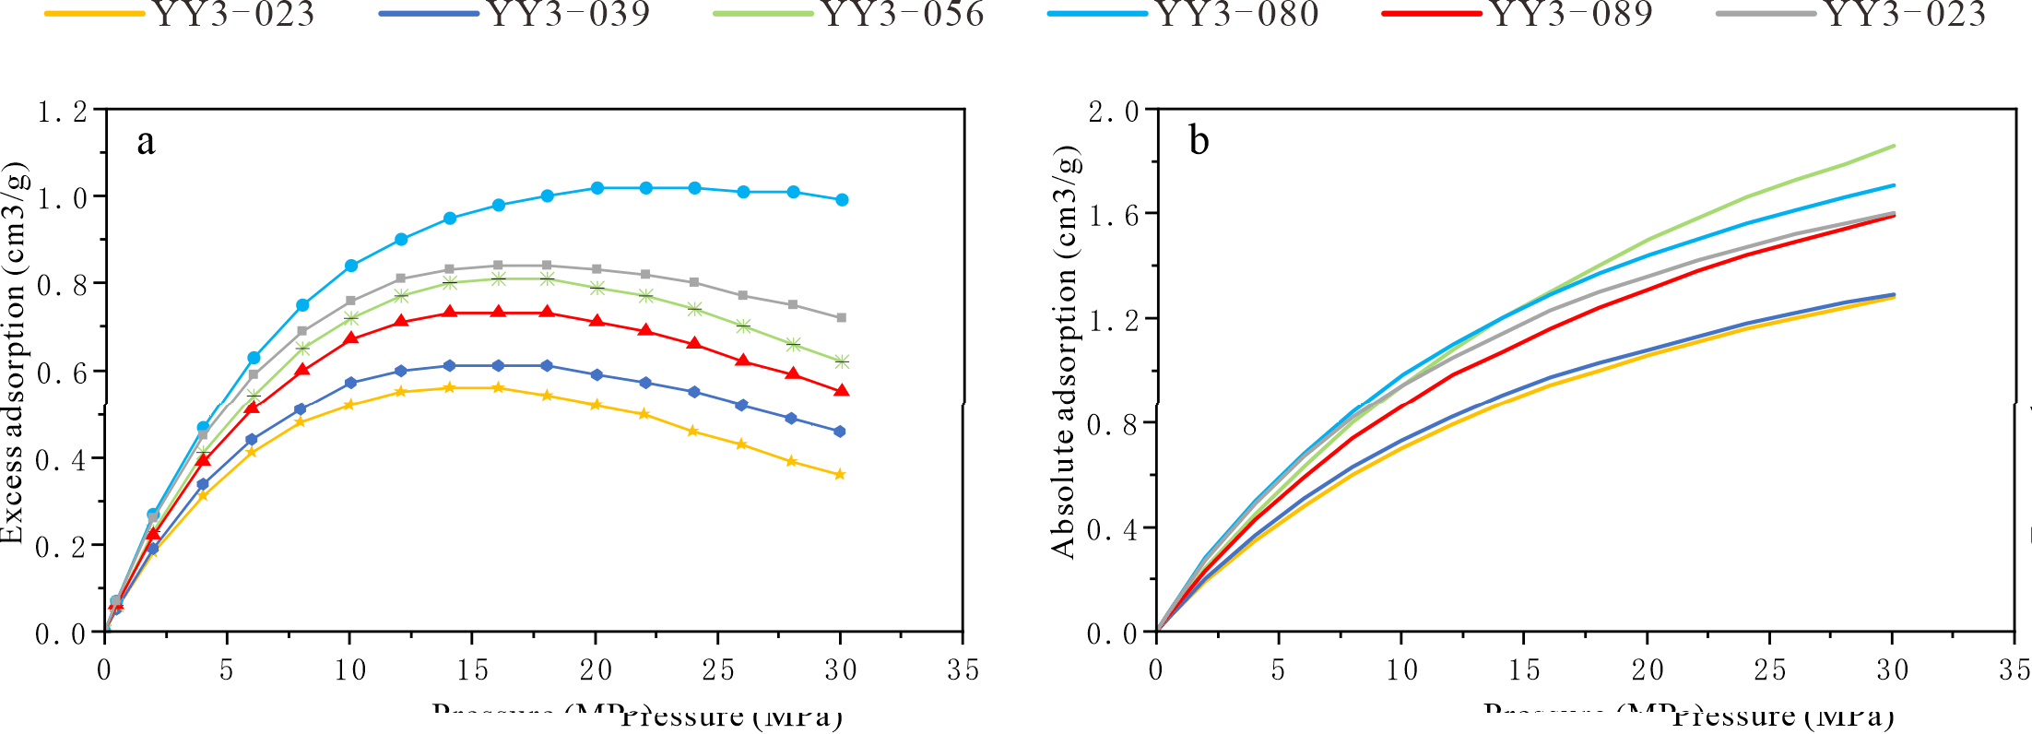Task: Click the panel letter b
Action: pyautogui.click(x=1199, y=141)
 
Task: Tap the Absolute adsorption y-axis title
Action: pyautogui.click(x=1064, y=353)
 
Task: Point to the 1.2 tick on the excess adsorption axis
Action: pyautogui.click(x=63, y=112)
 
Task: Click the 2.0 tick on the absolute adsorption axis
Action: pyautogui.click(x=1114, y=112)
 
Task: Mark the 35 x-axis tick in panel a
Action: pyautogui.click(x=963, y=670)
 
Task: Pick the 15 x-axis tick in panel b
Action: pyautogui.click(x=1524, y=670)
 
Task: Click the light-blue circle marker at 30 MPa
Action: pyautogui.click(x=842, y=200)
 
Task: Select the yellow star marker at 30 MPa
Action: pyautogui.click(x=840, y=475)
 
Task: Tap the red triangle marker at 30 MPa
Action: pyautogui.click(x=842, y=391)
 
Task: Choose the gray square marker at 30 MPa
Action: pyautogui.click(x=841, y=318)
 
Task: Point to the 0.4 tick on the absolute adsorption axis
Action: pyautogui.click(x=1114, y=529)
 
